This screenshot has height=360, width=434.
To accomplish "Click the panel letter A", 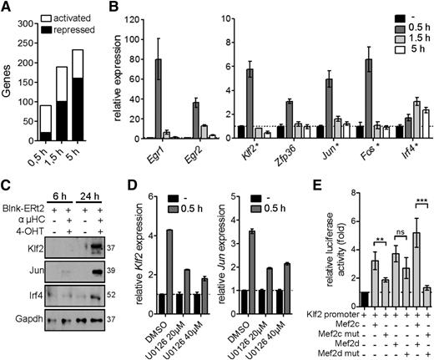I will point(7,9).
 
